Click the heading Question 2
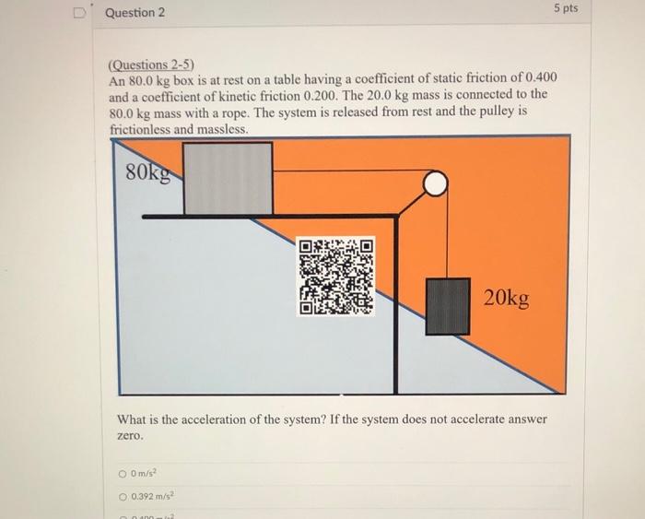(x=135, y=13)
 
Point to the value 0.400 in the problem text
(x=538, y=79)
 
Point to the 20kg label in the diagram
(x=507, y=298)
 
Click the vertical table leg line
(x=396, y=304)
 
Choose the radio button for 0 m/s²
(x=123, y=475)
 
